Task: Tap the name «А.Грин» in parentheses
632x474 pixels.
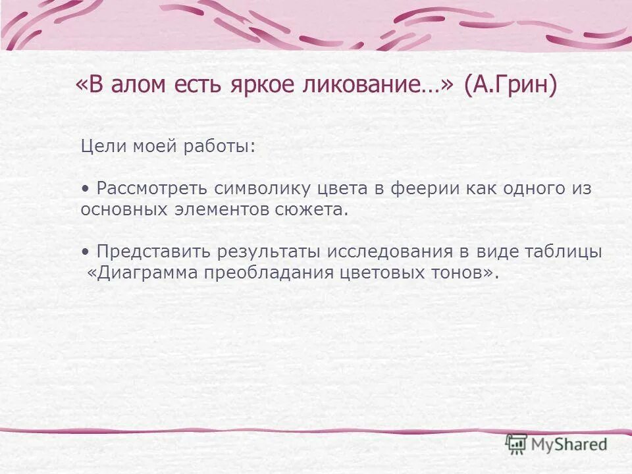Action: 510,86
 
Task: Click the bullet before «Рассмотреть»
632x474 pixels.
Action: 85,188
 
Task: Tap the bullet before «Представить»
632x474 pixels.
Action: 85,251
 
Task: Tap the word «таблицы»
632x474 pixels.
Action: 564,251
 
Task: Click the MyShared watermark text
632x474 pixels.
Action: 569,445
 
